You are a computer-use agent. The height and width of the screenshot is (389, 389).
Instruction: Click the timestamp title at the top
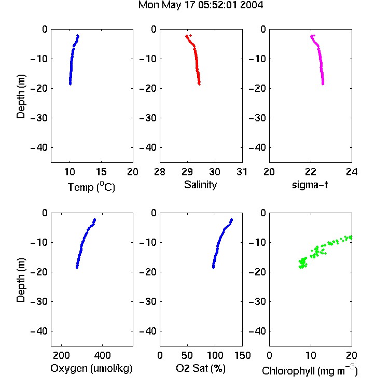coord(200,5)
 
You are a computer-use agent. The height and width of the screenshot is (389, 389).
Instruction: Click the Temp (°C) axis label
coord(91,187)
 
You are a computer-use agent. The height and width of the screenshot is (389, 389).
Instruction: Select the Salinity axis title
coord(200,185)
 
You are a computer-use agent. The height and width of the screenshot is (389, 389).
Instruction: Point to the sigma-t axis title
coord(310,185)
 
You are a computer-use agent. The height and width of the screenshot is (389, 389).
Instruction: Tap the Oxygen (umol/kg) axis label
coord(91,369)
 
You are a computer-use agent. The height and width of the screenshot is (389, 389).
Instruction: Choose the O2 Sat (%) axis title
coord(201,368)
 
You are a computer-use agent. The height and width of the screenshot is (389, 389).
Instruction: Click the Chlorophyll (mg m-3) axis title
coord(310,370)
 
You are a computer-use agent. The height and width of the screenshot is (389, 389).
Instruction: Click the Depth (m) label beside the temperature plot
coord(21,96)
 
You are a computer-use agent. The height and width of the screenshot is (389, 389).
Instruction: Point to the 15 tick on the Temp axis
coord(101,172)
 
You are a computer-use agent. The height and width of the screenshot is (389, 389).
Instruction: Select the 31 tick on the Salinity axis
coord(242,172)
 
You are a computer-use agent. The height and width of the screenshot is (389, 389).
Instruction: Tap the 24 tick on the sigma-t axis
coord(352,172)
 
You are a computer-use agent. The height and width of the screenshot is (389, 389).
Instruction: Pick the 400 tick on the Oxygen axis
coord(103,355)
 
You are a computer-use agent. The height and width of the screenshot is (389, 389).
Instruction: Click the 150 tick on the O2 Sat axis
coord(242,355)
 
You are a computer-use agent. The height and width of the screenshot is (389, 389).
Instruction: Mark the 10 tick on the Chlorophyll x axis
coord(311,355)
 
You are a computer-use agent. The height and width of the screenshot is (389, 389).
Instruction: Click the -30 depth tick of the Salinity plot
coord(148,118)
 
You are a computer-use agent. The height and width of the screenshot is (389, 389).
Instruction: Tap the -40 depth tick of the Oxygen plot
coord(39,331)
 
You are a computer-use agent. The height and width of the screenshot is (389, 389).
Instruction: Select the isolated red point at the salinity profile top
coord(190,36)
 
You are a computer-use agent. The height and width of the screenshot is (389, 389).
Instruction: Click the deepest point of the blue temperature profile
coord(70,84)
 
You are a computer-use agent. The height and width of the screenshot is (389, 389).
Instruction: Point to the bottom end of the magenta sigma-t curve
coord(323,84)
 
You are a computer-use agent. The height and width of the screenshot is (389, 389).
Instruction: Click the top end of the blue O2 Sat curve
coord(232,219)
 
